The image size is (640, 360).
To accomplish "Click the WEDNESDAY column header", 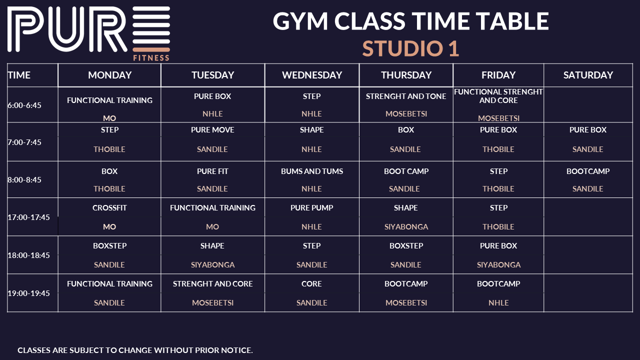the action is pos(311,75).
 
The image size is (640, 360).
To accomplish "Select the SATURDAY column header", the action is pos(588,75).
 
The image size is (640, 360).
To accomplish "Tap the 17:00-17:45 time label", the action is pos(28,217).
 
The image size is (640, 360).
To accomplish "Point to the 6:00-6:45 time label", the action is pos(24,105).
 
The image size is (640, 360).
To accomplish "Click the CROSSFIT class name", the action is pos(109,207).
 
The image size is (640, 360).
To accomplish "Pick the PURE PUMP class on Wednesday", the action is pos(311,207).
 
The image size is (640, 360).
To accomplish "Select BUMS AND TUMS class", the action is pos(311,171).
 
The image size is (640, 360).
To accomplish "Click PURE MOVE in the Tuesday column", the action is pos(212,129).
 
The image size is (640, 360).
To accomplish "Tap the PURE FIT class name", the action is pos(212,171).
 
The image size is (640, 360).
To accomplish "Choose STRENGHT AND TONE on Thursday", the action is pos(406,96).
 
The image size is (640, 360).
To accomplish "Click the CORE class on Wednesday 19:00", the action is pos(311,283).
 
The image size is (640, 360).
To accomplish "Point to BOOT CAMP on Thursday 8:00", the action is pos(406,171).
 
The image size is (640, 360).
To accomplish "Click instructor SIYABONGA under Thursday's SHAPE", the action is pos(406,227).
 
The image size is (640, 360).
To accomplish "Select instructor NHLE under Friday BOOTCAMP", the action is pos(498,303).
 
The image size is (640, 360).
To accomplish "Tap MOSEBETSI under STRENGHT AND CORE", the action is pos(212,303).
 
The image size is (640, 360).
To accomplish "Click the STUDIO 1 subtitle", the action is pos(410,48).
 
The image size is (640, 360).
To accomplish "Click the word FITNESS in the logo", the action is pos(151,58).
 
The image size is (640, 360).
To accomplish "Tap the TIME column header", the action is pos(19,75).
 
